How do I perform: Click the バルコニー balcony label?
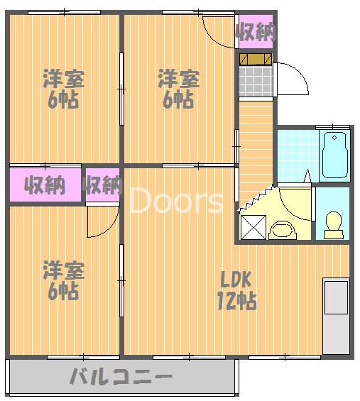(x=121, y=376)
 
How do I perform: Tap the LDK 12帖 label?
(x=236, y=290)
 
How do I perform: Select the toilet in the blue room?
(x=334, y=225)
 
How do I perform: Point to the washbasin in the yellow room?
(x=283, y=230)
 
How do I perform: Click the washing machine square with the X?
(x=253, y=227)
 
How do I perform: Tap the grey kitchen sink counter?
(x=336, y=316)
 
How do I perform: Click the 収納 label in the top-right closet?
(x=256, y=32)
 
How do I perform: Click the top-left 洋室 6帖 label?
(x=63, y=88)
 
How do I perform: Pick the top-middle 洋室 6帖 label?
(x=178, y=88)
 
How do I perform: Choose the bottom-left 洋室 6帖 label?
(x=63, y=280)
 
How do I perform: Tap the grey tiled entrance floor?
(x=256, y=81)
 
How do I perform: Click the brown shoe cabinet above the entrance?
(x=256, y=60)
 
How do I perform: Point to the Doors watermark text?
(x=177, y=200)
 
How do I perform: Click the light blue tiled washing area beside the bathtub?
(x=298, y=155)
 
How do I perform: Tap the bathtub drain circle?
(x=334, y=138)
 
